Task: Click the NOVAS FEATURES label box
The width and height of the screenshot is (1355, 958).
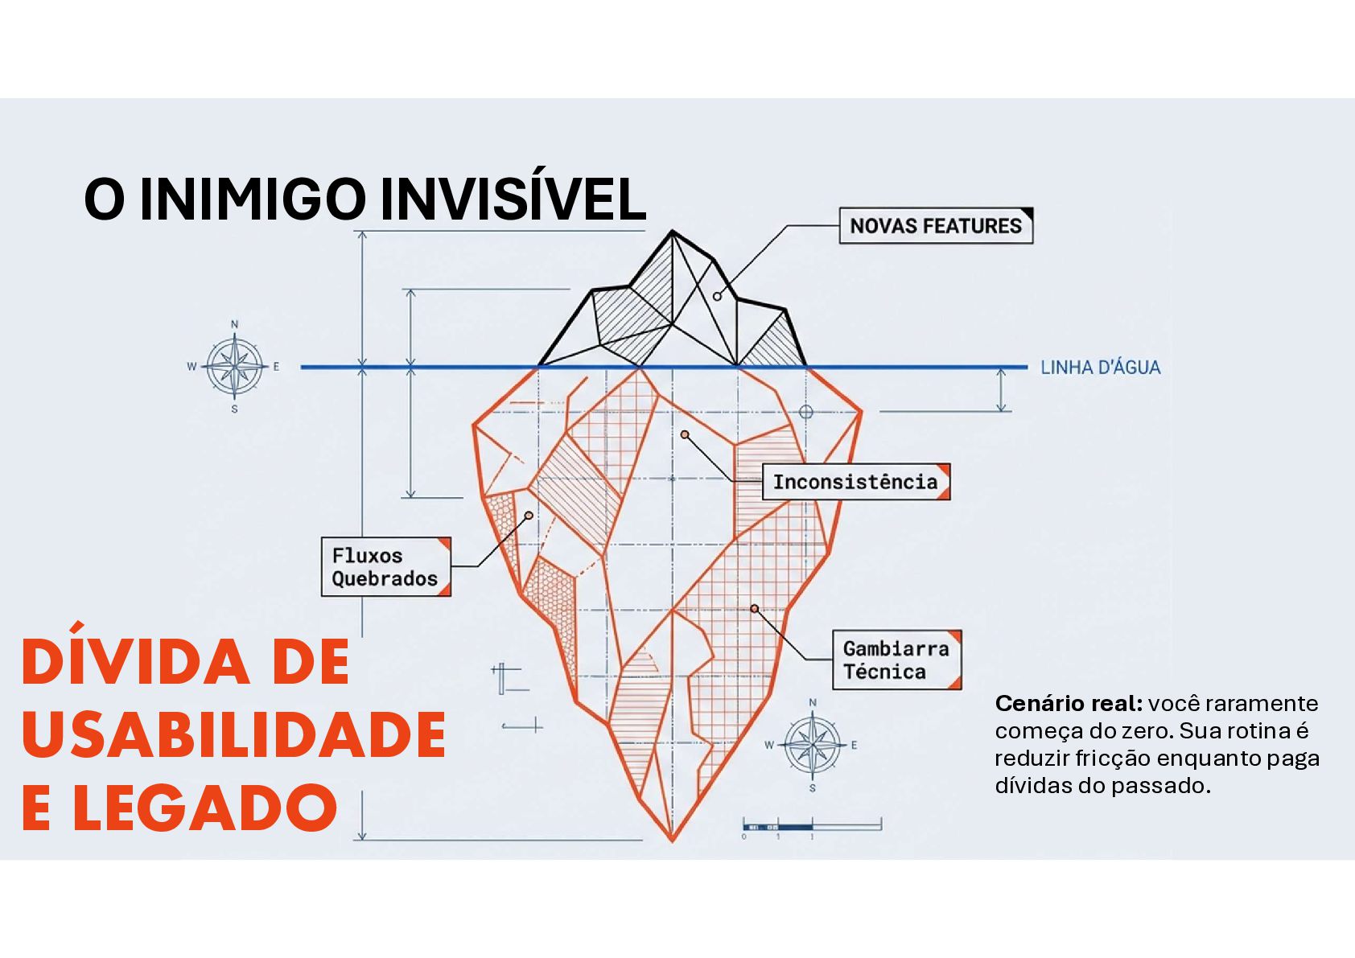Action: (935, 226)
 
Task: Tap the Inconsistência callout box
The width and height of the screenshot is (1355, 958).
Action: (855, 482)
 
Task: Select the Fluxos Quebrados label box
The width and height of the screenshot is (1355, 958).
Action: (385, 567)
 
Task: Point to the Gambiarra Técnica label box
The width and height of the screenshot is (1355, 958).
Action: (896, 660)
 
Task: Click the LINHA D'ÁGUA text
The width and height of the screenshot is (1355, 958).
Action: (1100, 368)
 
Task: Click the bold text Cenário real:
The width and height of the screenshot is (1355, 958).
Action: (1068, 704)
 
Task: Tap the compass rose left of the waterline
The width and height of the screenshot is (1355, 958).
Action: (234, 367)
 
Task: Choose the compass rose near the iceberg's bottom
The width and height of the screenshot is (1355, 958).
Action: (812, 745)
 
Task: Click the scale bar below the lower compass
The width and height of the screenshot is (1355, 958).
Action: (811, 826)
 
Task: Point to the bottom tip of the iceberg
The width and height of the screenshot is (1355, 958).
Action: (672, 840)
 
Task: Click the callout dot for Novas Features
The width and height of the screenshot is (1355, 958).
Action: (717, 297)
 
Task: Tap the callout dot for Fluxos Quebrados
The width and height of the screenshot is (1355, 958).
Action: (529, 515)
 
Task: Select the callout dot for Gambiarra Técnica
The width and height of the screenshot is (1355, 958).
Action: (754, 609)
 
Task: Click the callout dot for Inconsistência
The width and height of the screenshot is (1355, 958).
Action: (685, 434)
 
